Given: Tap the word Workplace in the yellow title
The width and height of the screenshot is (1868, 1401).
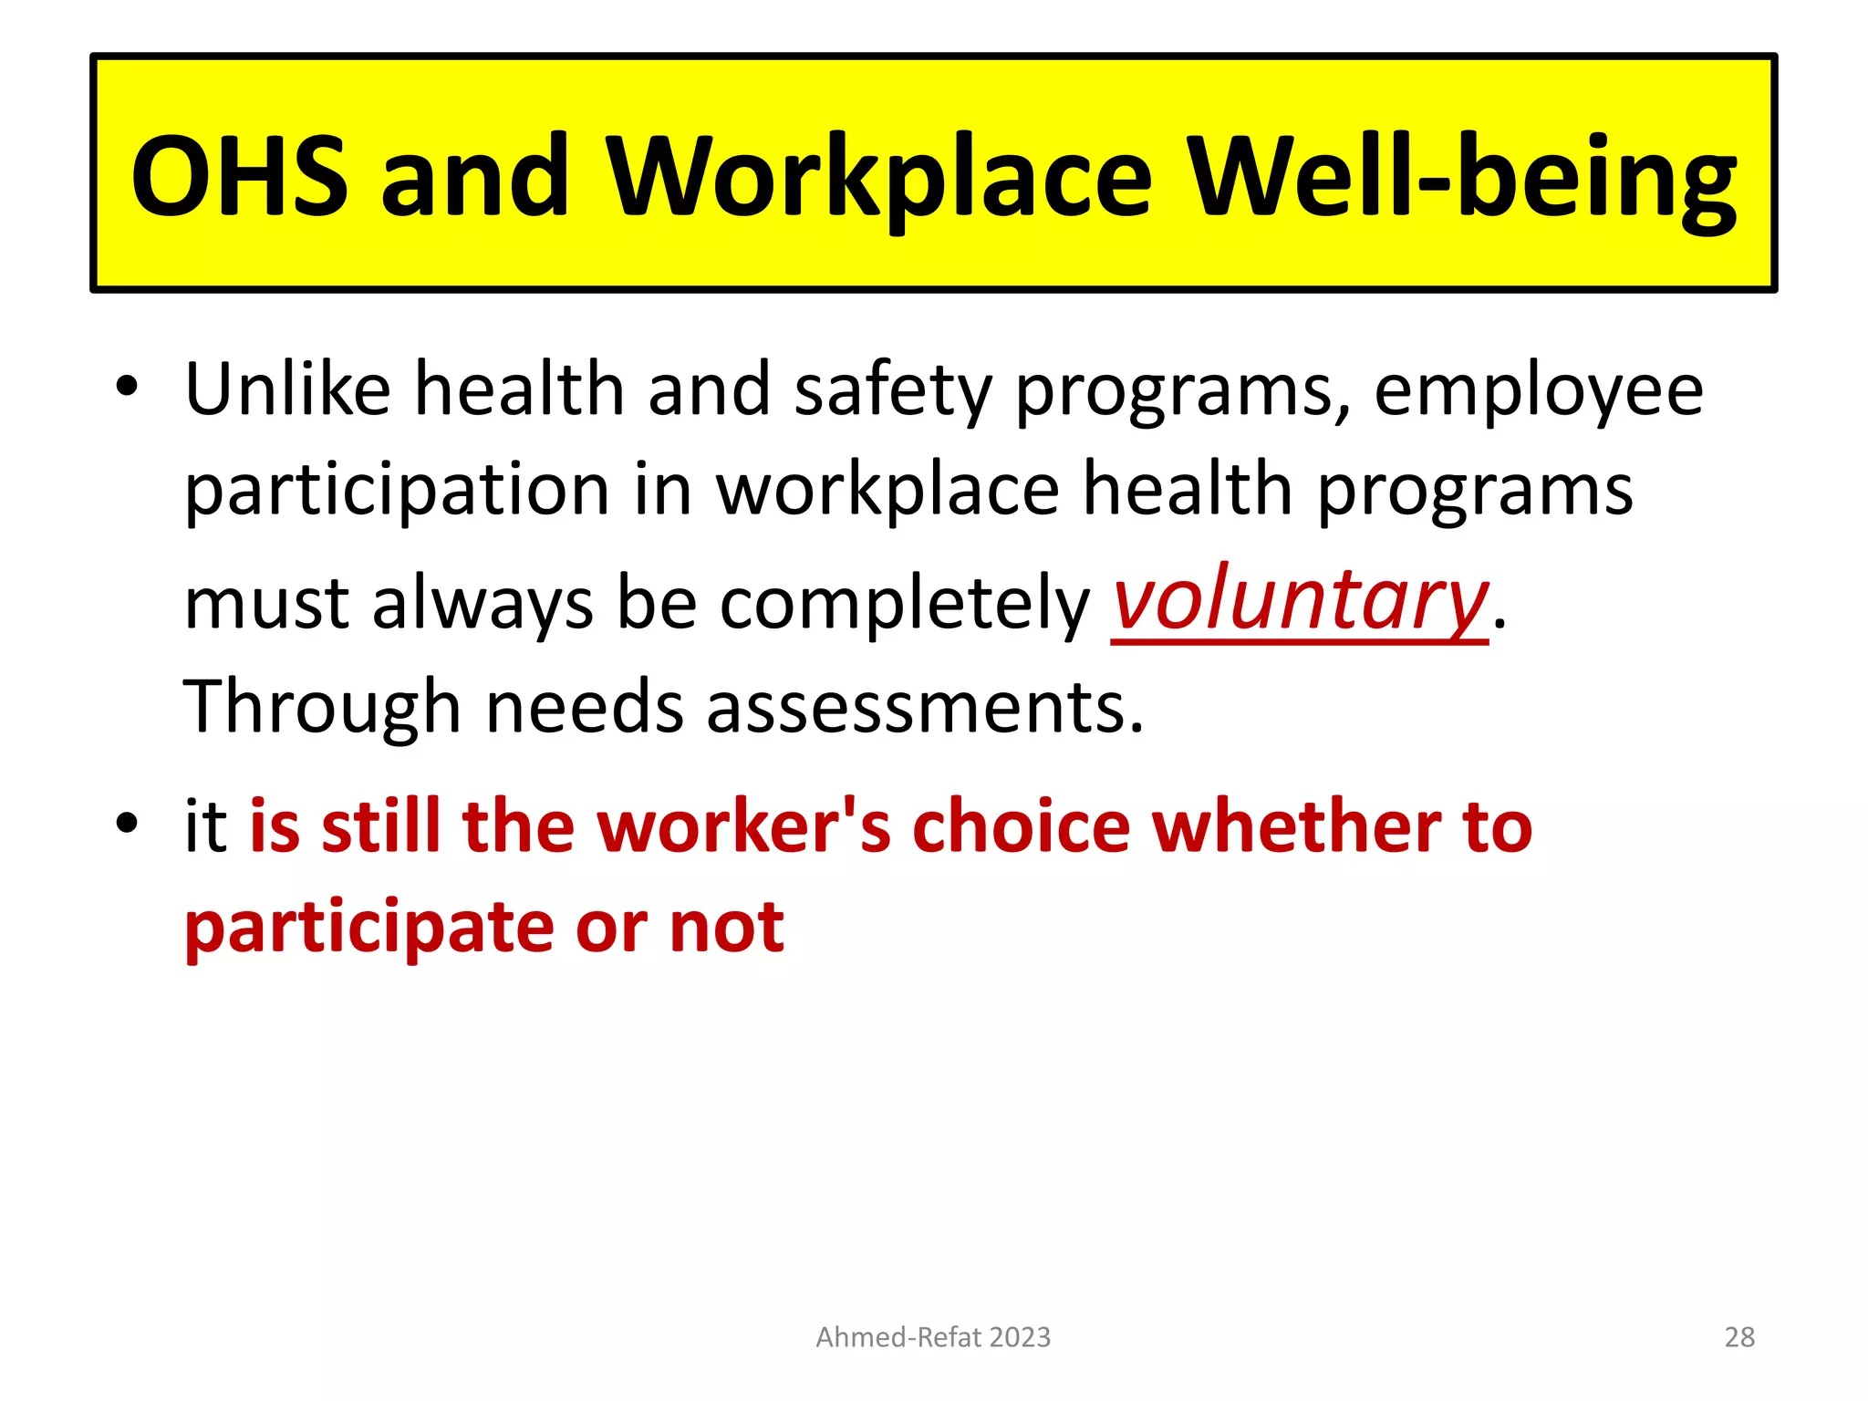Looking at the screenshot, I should (879, 177).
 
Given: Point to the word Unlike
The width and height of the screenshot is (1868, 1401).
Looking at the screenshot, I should (287, 389).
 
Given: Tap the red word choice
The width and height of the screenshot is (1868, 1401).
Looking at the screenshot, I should (1021, 826).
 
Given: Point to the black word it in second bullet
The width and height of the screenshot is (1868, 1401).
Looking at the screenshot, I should (205, 826).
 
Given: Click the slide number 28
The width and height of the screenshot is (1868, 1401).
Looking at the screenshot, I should (1739, 1337).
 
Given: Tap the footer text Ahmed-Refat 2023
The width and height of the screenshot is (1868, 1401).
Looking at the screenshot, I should (933, 1337).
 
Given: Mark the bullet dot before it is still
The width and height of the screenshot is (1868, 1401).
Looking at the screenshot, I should (127, 823).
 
